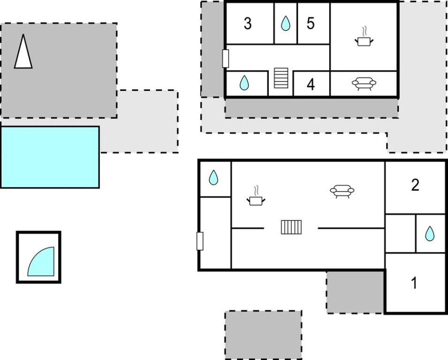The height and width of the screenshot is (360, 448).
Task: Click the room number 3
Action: coord(248,23)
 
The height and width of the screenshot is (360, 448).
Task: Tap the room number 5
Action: coord(311,23)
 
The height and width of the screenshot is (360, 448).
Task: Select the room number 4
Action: coord(311,84)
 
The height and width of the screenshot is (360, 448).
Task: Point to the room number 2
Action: coord(415,185)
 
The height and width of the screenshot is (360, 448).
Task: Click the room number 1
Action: coord(414,283)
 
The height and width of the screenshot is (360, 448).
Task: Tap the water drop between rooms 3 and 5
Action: coord(285,23)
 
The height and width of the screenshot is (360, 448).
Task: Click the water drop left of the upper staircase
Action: coord(244,83)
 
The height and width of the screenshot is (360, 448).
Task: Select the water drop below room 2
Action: coord(430,233)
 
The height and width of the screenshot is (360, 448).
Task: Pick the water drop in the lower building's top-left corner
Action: coord(213,178)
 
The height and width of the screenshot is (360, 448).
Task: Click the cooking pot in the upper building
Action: coord(364,37)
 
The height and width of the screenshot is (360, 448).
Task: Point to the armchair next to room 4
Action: coord(364,84)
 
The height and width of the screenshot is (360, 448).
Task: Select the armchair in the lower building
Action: coord(342,192)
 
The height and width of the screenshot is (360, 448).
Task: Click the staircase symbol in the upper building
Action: coord(281,78)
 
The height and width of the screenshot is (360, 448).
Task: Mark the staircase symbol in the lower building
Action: coord(291,227)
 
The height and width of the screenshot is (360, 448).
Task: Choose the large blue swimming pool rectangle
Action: coord(50,157)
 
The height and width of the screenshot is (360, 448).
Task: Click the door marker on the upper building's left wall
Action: coord(226,59)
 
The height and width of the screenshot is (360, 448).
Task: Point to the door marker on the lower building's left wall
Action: coord(200,241)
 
